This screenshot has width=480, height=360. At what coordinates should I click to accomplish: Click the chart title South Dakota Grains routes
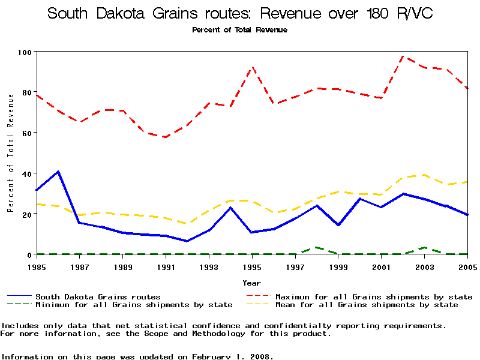click(239, 14)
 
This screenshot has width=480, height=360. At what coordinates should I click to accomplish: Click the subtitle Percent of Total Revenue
click(239, 29)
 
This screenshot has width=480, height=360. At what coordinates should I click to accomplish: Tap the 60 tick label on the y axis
click(25, 133)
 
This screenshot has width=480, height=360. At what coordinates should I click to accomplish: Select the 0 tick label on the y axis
click(28, 254)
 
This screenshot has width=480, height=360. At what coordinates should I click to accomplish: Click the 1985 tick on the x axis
click(37, 266)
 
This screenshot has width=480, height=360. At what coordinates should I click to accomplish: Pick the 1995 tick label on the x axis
click(253, 266)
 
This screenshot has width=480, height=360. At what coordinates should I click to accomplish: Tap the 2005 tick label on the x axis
click(467, 266)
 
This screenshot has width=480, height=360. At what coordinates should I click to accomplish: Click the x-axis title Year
click(252, 283)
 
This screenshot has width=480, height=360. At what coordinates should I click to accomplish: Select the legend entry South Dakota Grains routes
click(98, 296)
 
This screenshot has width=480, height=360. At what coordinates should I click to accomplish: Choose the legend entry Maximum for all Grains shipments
click(373, 296)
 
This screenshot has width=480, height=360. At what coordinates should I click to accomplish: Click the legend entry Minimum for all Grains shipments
click(134, 305)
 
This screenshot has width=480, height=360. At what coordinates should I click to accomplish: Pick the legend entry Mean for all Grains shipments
click(366, 305)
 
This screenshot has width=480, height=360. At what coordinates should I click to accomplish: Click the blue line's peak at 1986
click(59, 172)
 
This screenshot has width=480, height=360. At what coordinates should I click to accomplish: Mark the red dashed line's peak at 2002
click(403, 56)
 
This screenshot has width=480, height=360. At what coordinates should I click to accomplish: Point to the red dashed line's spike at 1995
click(253, 67)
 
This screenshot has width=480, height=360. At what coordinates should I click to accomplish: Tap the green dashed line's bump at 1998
click(317, 247)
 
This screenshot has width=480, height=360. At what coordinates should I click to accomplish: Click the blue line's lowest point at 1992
click(188, 241)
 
